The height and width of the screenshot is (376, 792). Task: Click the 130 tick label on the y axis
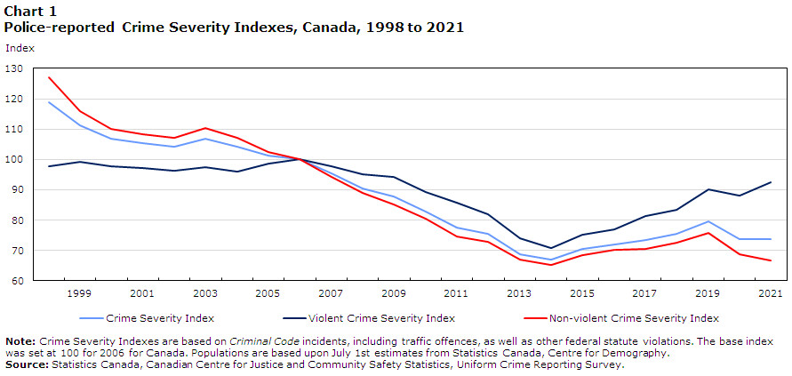15,68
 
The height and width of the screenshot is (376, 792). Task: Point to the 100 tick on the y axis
15,160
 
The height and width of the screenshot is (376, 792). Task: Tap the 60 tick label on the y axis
18,282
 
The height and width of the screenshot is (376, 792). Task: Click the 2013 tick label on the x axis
519,293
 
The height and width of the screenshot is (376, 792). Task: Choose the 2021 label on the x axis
770,293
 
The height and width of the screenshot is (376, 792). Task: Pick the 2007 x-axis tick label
332,293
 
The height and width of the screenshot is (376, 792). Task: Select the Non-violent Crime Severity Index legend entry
633,317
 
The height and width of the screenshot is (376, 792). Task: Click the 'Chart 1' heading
29,12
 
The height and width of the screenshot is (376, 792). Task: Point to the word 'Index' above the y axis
20,48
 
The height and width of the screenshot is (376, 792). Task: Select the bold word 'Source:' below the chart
27,364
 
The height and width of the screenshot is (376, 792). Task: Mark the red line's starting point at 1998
50,77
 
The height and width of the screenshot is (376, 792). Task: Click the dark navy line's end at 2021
770,182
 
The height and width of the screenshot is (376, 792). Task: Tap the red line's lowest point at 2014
551,265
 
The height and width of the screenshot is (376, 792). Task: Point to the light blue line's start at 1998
50,102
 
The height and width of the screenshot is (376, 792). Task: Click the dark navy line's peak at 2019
708,189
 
